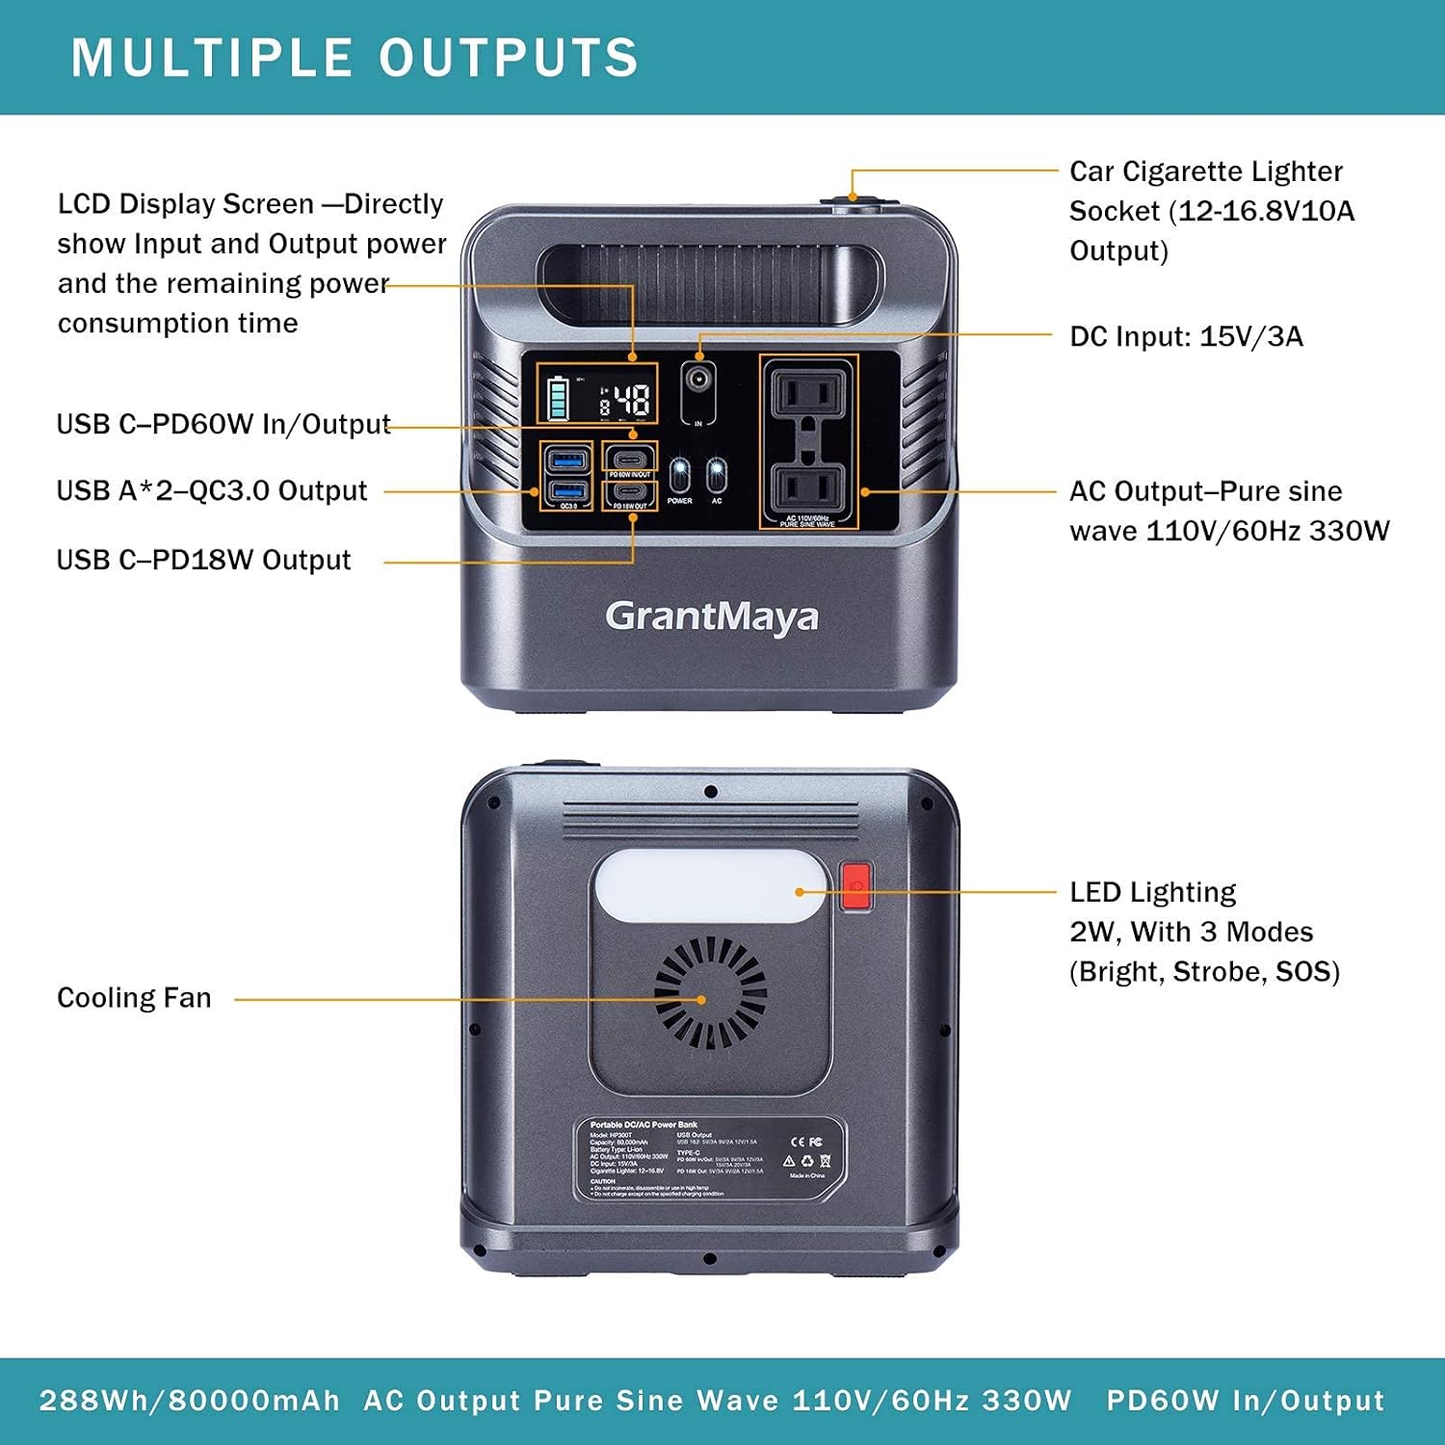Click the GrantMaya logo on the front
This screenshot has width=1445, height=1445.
click(x=711, y=617)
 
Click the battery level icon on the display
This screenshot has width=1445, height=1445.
click(x=558, y=399)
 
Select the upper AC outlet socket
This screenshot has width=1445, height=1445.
click(x=809, y=393)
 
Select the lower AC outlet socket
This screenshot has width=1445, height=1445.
click(x=809, y=488)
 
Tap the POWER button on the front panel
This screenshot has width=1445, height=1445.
click(x=680, y=474)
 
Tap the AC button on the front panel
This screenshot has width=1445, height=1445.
click(x=717, y=474)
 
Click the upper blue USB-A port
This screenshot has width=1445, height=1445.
click(x=566, y=458)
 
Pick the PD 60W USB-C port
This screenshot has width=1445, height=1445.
click(x=630, y=457)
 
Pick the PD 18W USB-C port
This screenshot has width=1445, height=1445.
click(x=630, y=491)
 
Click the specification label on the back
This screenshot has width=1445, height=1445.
click(x=711, y=1160)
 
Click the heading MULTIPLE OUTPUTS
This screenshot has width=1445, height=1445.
click(x=355, y=58)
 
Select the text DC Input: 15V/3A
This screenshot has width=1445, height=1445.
click(x=1186, y=336)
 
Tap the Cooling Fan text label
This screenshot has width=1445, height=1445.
click(x=134, y=997)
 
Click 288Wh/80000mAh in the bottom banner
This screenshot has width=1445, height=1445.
click(x=190, y=1400)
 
